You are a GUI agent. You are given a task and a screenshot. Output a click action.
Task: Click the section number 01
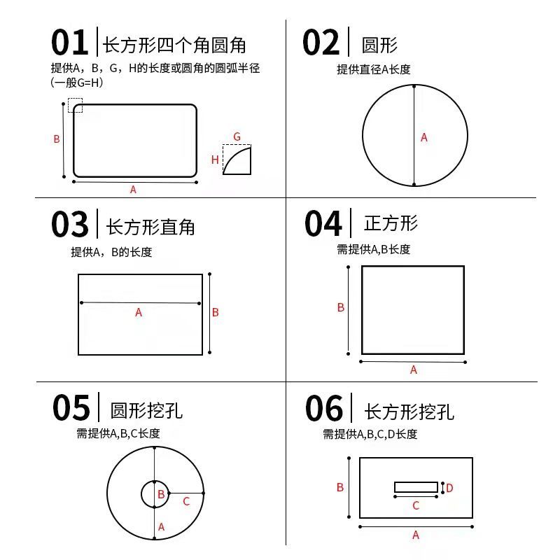[69, 42]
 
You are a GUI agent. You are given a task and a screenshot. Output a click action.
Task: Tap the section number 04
[323, 223]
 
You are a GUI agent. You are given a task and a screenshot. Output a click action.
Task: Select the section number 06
[324, 408]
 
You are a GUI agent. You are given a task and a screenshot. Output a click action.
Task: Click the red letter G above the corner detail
[237, 136]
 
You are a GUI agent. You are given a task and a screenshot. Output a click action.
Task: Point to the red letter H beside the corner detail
[215, 160]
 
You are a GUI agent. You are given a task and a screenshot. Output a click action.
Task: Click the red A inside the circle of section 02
[424, 137]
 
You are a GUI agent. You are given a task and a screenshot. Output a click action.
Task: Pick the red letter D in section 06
[449, 488]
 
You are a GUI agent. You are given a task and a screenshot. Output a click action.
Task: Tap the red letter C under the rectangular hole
[416, 505]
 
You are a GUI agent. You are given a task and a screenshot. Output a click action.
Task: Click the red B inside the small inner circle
[161, 494]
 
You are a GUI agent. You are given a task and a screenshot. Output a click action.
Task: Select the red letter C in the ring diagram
[186, 501]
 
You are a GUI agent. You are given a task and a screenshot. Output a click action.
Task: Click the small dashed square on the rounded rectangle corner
[75, 106]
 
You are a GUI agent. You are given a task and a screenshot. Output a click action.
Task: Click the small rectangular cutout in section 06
[416, 487]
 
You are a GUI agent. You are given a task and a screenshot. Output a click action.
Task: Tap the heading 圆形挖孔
[146, 411]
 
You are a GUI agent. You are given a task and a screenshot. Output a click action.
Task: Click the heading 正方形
[391, 223]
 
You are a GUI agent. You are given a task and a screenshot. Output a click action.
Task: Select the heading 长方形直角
[150, 227]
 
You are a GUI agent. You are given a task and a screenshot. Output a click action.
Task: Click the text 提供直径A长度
[374, 69]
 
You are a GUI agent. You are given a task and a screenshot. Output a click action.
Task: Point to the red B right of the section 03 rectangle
[216, 312]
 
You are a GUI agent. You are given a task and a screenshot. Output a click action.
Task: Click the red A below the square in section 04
[414, 370]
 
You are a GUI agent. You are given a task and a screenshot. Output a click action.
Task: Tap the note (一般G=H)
[77, 83]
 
